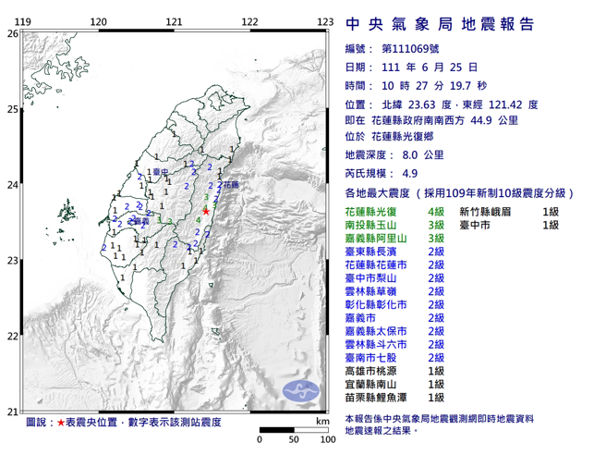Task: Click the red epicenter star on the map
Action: pyautogui.click(x=205, y=212)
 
